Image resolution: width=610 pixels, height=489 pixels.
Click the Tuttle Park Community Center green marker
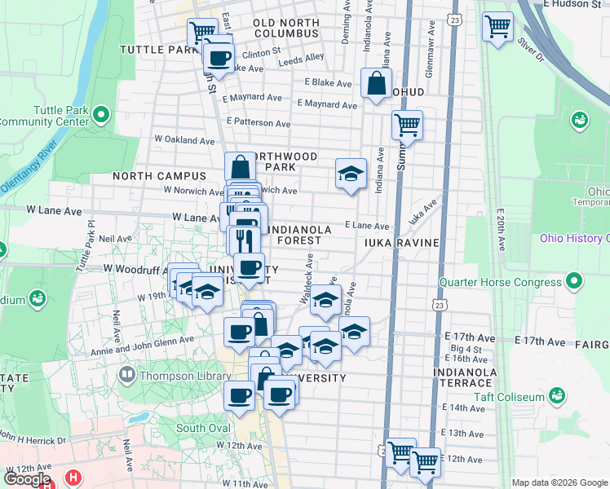[101, 113]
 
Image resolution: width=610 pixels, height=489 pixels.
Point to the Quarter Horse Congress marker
[576, 282]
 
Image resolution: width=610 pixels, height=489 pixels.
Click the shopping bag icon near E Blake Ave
[375, 83]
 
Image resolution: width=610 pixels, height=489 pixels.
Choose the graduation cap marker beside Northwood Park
[351, 174]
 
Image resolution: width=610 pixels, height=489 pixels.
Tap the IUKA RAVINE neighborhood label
[403, 243]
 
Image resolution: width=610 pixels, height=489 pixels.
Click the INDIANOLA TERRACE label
[466, 379]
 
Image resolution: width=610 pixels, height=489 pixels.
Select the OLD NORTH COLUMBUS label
[285, 28]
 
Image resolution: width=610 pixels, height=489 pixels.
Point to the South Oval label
[201, 428]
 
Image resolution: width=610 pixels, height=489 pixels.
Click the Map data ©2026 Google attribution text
[559, 482]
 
